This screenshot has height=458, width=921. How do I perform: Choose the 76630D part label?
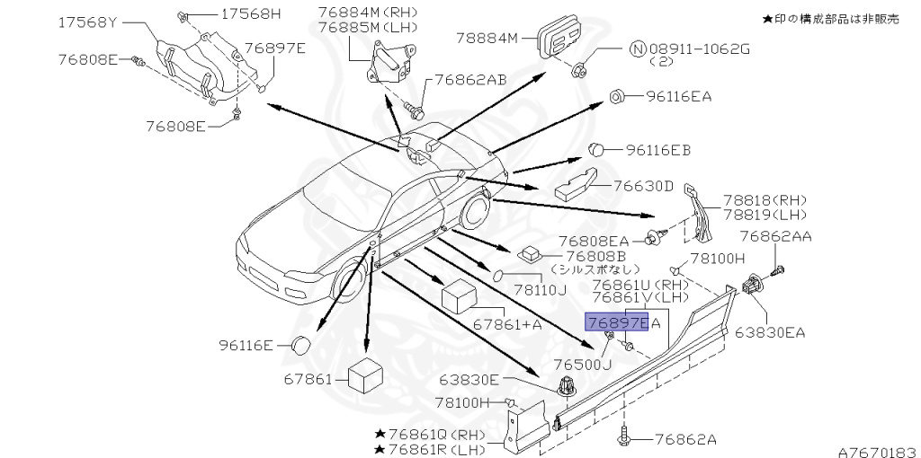pyautogui.click(x=643, y=186)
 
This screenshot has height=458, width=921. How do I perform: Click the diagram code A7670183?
pyautogui.click(x=876, y=452)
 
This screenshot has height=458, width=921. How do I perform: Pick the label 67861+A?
pyautogui.click(x=508, y=324)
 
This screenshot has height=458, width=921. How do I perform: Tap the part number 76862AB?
pyautogui.click(x=470, y=79)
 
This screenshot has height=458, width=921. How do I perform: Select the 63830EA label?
pyautogui.click(x=770, y=332)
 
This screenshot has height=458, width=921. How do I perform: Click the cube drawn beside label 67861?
pyautogui.click(x=368, y=377)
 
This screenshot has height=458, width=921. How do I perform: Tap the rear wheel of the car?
pyautogui.click(x=473, y=215)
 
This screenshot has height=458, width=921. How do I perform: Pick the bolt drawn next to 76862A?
pyautogui.click(x=626, y=439)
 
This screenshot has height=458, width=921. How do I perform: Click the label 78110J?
pyautogui.click(x=540, y=290)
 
